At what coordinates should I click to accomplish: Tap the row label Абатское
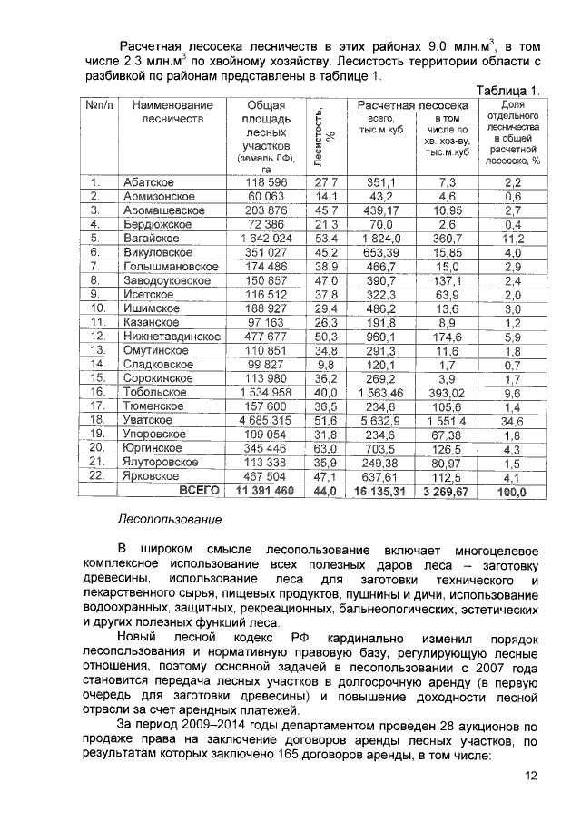[x=149, y=182]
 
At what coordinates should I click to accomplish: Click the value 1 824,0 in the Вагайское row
[x=382, y=239]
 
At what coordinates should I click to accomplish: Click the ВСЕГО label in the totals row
[x=201, y=491]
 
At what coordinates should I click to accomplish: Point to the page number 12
[x=531, y=774]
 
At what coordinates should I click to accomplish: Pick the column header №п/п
[x=98, y=105]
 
